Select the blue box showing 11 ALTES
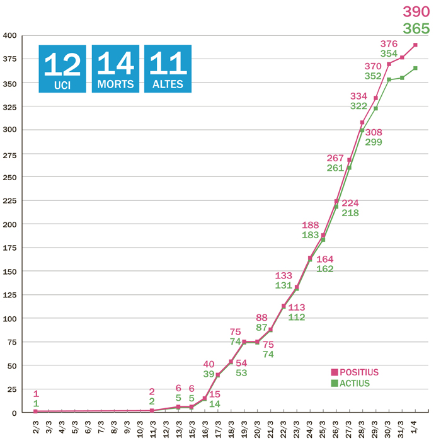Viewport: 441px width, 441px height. pyautogui.click(x=168, y=69)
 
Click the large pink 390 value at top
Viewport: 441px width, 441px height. pyautogui.click(x=416, y=11)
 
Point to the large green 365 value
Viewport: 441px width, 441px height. pyautogui.click(x=416, y=28)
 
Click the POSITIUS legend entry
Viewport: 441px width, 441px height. pyautogui.click(x=356, y=372)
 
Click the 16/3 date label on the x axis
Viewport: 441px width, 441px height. pyautogui.click(x=205, y=425)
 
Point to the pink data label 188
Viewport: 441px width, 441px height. pyautogui.click(x=311, y=225)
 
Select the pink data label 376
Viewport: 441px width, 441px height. pyautogui.click(x=389, y=43)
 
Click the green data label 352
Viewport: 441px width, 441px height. pyautogui.click(x=374, y=76)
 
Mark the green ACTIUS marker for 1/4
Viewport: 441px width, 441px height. pyautogui.click(x=415, y=68)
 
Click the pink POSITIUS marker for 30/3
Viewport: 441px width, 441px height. pyautogui.click(x=389, y=64)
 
